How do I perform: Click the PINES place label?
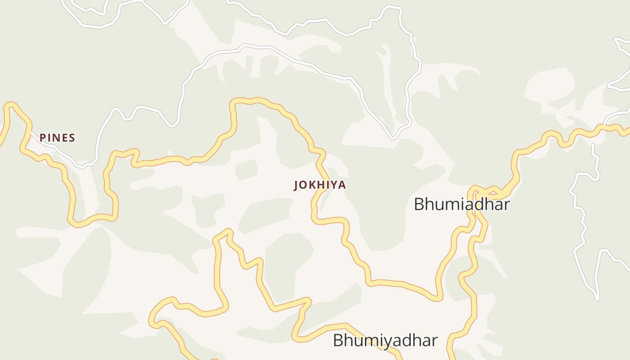(x=57, y=138)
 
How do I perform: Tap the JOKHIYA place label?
(x=320, y=185)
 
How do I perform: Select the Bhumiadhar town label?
(x=462, y=204)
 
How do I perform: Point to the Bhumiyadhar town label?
(x=385, y=340)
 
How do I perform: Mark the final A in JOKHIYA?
(x=342, y=185)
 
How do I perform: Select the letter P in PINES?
(x=43, y=138)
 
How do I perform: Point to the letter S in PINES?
(x=72, y=138)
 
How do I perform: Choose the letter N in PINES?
(x=56, y=138)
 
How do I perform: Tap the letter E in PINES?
(x=64, y=138)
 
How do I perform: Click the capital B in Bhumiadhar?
(x=419, y=204)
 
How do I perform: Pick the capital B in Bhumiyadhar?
(x=338, y=340)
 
